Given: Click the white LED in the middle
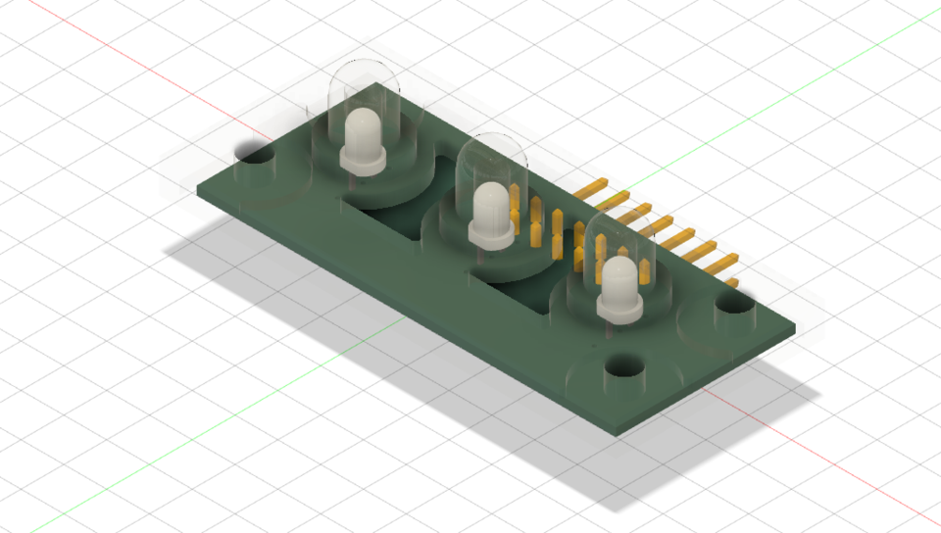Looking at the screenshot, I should tap(491, 206).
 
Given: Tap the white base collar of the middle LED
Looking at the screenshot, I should tap(489, 234).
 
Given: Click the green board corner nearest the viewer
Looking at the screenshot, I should tap(617, 431).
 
